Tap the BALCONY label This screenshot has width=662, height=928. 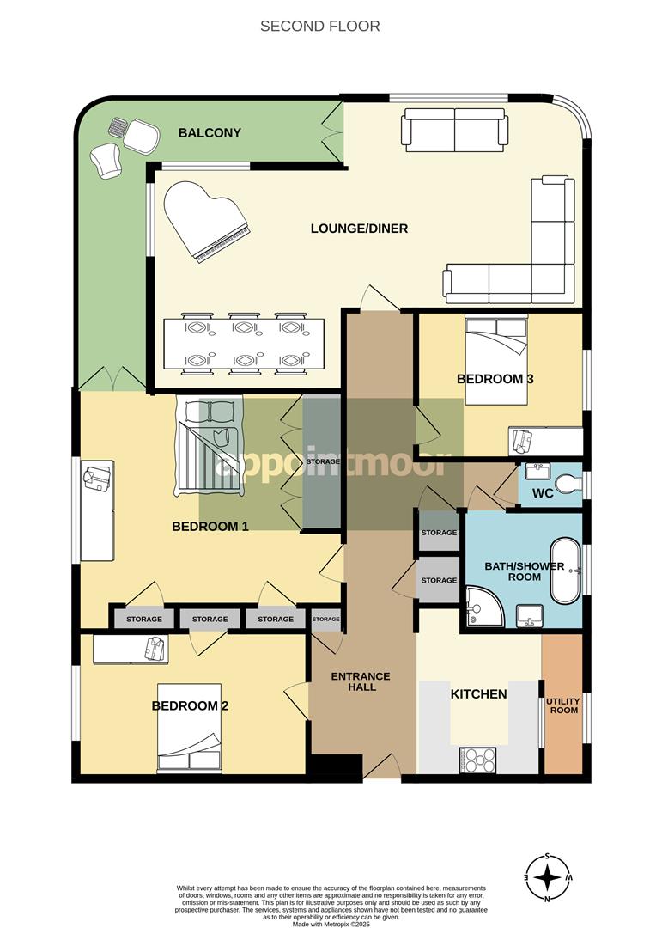point(210,133)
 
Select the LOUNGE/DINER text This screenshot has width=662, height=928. point(359,229)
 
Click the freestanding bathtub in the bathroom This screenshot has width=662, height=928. point(565,571)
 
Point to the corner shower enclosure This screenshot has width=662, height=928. point(481,607)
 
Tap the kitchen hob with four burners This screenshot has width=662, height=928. point(478,760)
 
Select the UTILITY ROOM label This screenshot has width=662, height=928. point(563,706)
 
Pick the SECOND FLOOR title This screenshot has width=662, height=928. point(319,27)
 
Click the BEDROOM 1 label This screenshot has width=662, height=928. point(210,527)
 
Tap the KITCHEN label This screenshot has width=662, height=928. point(478,693)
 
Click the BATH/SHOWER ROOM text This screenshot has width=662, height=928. point(524,571)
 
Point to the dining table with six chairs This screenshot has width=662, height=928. point(245,345)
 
